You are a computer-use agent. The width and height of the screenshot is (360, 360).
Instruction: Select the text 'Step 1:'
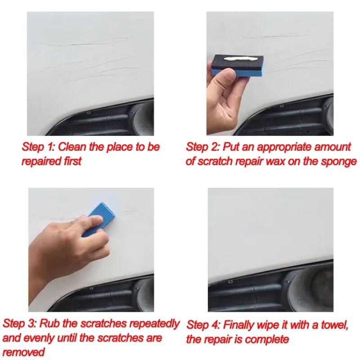tap(39, 147)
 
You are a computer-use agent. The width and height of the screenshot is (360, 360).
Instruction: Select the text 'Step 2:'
tap(202, 147)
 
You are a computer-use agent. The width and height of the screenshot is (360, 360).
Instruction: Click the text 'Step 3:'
tap(20, 324)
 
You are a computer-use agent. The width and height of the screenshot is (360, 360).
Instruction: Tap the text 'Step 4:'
tap(203, 324)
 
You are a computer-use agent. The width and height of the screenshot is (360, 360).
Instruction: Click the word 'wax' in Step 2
tap(270, 161)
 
